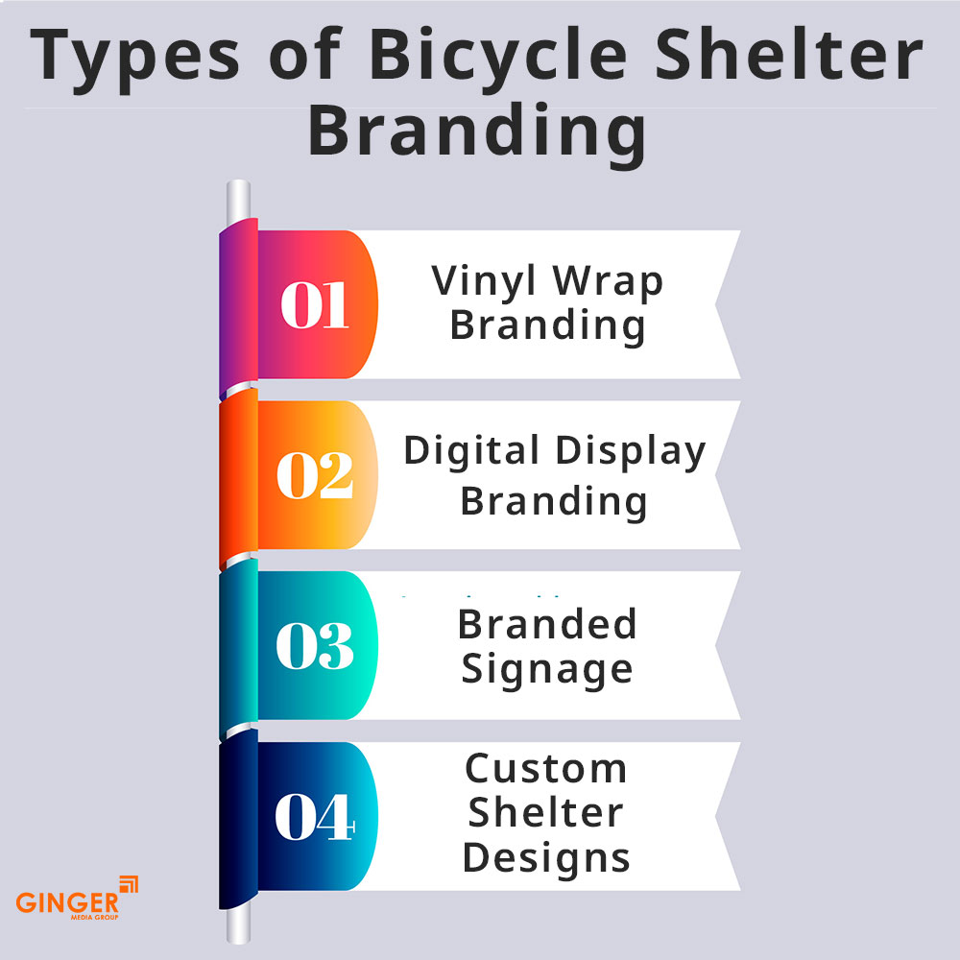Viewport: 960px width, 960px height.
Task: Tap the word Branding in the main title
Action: pyautogui.click(x=477, y=132)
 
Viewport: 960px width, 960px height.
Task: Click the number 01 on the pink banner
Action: pyautogui.click(x=314, y=305)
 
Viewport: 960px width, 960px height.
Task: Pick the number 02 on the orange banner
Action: pyautogui.click(x=314, y=476)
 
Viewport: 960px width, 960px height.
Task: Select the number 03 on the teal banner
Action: pyautogui.click(x=314, y=646)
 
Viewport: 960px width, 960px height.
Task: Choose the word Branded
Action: pyautogui.click(x=547, y=624)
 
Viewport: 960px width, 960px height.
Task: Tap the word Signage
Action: pyautogui.click(x=547, y=670)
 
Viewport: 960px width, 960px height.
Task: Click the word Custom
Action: pyautogui.click(x=546, y=769)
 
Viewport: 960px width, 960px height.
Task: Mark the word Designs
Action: pyautogui.click(x=546, y=856)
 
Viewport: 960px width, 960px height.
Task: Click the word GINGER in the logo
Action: pyautogui.click(x=67, y=902)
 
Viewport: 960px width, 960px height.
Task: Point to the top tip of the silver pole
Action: pyautogui.click(x=238, y=185)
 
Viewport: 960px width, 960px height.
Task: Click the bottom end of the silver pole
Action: pyautogui.click(x=238, y=935)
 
